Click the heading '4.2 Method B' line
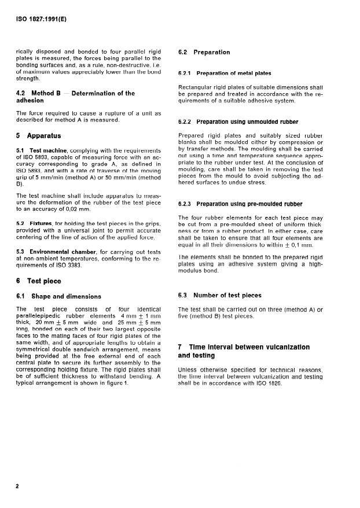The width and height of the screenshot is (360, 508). click(x=75, y=93)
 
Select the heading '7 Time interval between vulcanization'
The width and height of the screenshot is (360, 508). click(x=244, y=347)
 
